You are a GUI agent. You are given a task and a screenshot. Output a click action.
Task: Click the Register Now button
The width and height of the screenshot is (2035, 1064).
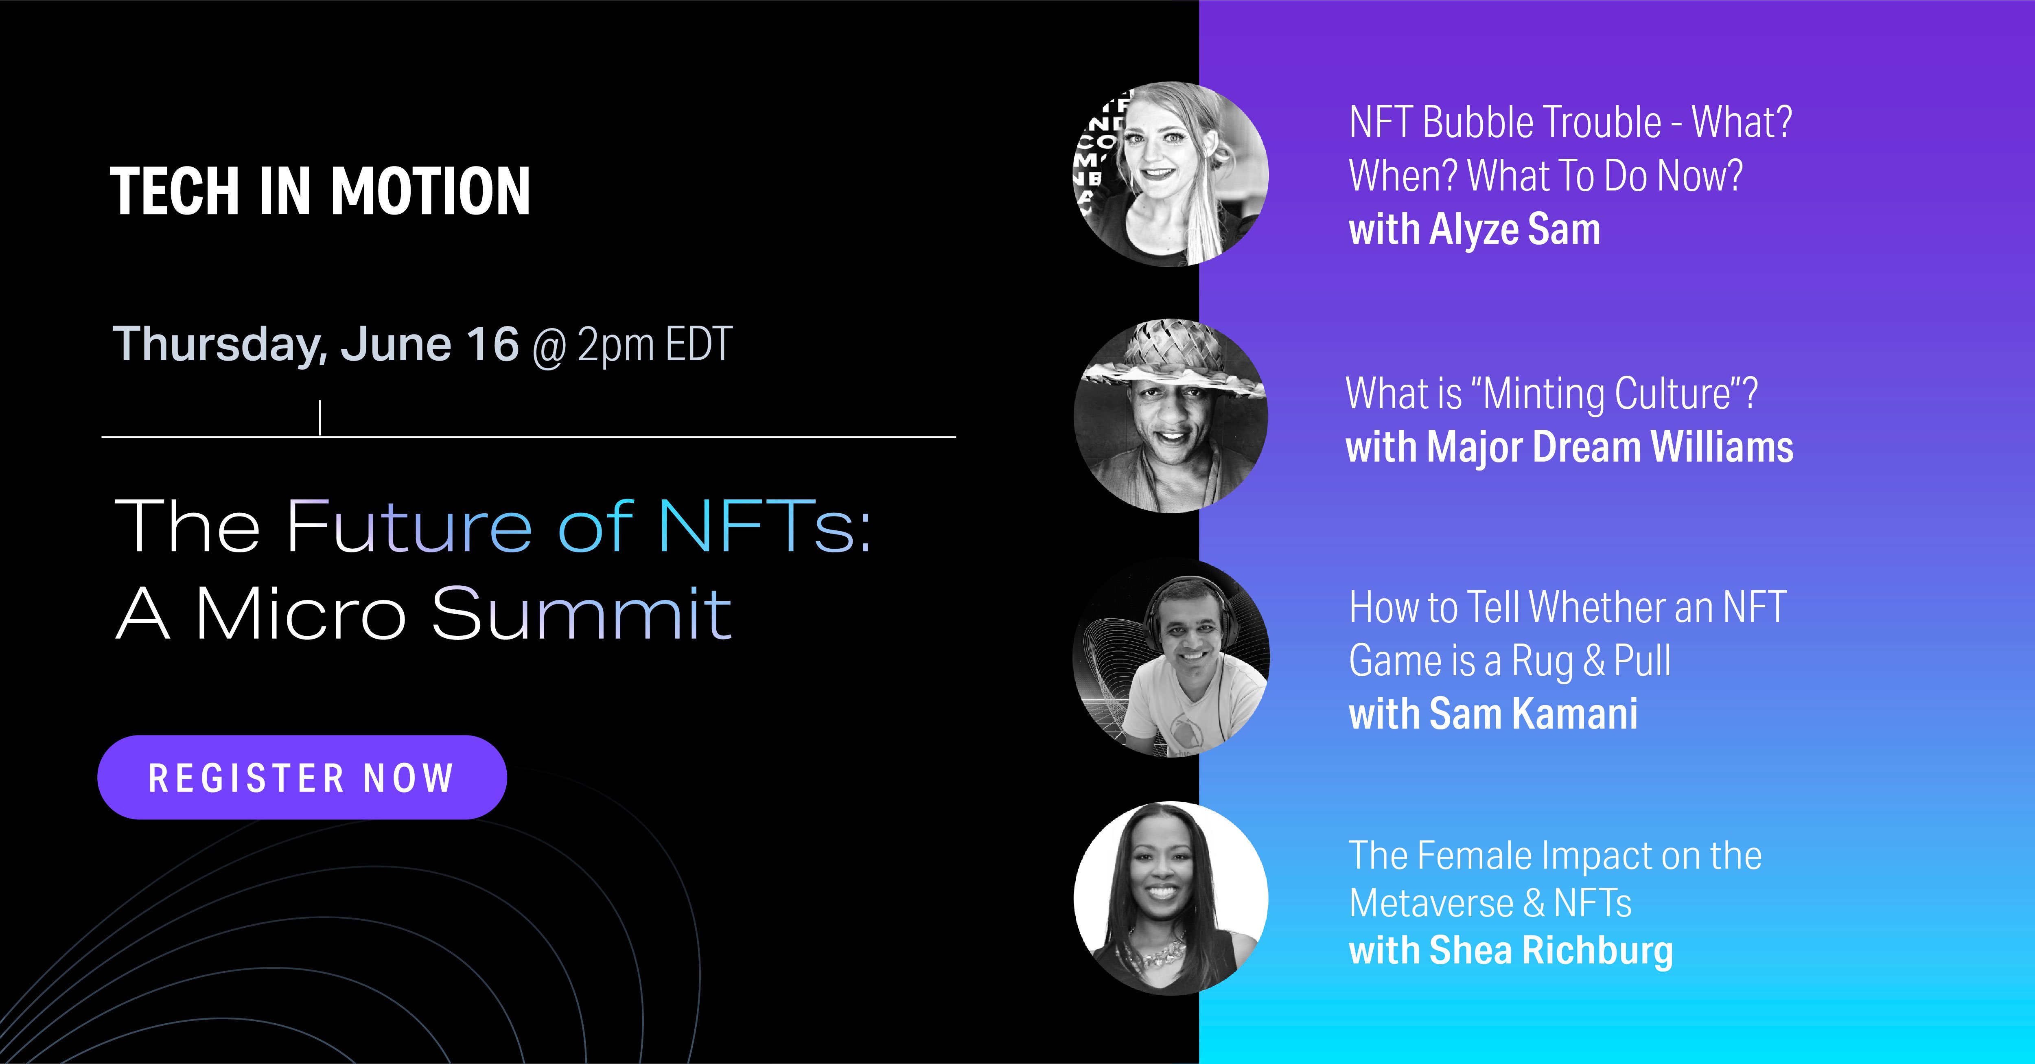(302, 777)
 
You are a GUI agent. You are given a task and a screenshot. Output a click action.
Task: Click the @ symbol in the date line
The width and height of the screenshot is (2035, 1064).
(549, 348)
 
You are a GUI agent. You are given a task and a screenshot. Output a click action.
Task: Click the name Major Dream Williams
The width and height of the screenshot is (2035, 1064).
(1611, 447)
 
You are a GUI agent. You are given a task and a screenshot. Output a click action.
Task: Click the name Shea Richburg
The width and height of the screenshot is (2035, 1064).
(1551, 950)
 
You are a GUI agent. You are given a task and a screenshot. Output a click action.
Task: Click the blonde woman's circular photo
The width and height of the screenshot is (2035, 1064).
(1171, 174)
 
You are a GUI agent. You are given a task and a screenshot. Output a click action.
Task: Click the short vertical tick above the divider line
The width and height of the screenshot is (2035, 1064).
(320, 418)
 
